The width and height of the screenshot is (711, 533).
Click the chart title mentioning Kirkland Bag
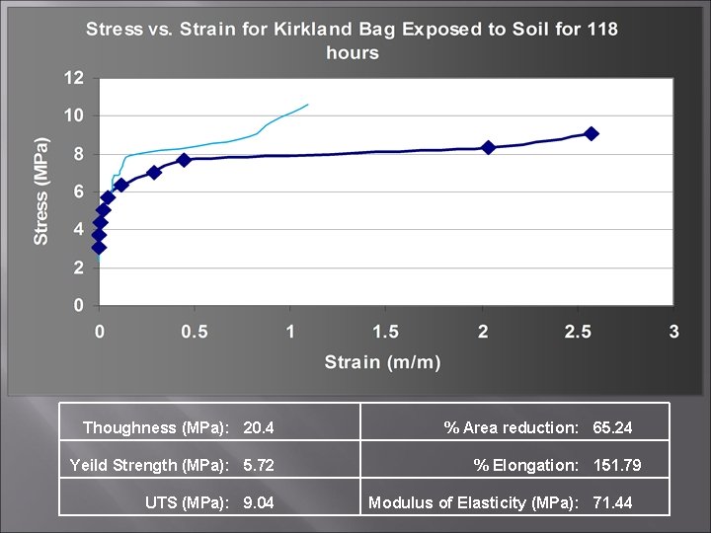[352, 39]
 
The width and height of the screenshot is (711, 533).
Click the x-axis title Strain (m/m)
[382, 361]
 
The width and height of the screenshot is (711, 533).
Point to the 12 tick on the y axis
[74, 78]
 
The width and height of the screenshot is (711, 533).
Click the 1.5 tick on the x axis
[386, 332]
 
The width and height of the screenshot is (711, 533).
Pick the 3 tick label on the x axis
[674, 332]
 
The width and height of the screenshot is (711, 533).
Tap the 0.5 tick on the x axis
[194, 332]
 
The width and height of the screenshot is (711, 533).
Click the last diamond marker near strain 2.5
[591, 133]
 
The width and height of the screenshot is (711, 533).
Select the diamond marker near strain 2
[488, 147]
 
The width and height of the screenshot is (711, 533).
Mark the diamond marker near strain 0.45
[184, 159]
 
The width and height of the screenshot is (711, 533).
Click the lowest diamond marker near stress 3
[99, 247]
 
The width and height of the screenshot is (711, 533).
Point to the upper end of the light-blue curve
[307, 105]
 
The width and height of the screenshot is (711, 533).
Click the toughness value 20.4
[259, 427]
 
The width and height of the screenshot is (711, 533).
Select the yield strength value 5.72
[259, 465]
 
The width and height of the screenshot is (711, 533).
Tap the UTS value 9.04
[259, 502]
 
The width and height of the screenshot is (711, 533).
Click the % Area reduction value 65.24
[612, 427]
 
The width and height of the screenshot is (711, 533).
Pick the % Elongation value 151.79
[617, 465]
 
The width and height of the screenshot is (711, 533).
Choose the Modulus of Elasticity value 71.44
[612, 502]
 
